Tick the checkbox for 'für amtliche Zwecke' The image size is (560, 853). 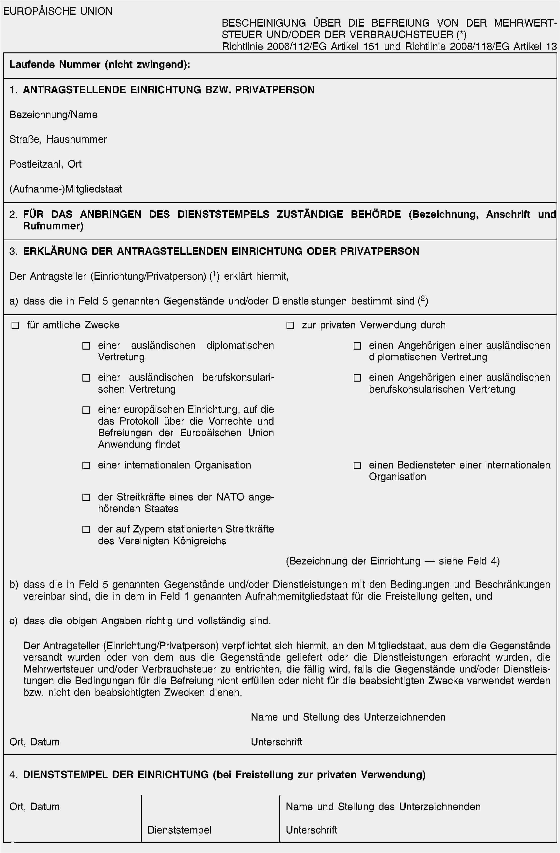[15, 325]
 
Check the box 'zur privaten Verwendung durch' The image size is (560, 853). [290, 325]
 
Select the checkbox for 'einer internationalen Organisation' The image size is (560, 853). [86, 466]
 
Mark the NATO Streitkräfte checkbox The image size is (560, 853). [86, 498]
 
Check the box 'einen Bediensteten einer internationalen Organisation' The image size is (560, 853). [357, 466]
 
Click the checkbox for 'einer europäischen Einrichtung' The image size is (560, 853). [86, 410]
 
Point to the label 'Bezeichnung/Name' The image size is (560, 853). [53, 115]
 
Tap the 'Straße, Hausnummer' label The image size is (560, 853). [58, 139]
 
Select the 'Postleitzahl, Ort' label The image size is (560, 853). [46, 164]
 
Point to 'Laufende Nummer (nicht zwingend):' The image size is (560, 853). [100, 64]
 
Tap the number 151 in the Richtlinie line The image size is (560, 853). [371, 47]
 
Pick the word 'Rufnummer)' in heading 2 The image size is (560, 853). [53, 226]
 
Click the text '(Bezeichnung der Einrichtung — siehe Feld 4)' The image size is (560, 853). [393, 561]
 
